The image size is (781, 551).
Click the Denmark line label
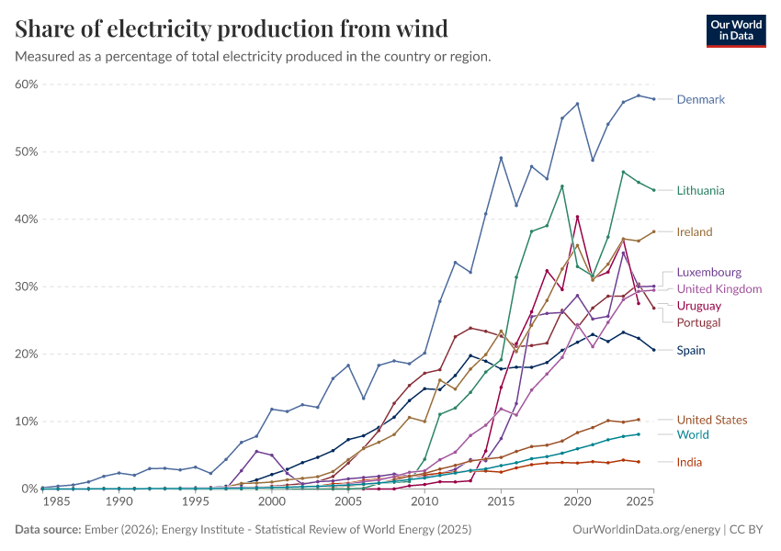[x=701, y=99]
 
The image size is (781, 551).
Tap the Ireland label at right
[x=695, y=232]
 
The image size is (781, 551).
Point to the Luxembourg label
[x=708, y=273]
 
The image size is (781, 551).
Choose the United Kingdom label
[x=719, y=289]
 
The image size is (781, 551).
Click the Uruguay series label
[x=699, y=306]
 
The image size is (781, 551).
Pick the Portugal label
[x=698, y=322]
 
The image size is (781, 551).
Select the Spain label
[x=691, y=350]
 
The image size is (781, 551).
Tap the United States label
[x=713, y=420]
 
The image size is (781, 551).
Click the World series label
[x=692, y=434]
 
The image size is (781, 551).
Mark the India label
[x=689, y=462]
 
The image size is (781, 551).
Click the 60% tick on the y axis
[x=26, y=84]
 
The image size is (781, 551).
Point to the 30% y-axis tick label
[x=26, y=287]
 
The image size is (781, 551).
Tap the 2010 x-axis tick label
[x=424, y=502]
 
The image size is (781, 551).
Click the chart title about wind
[x=232, y=29]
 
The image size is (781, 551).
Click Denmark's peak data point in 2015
[x=501, y=158]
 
